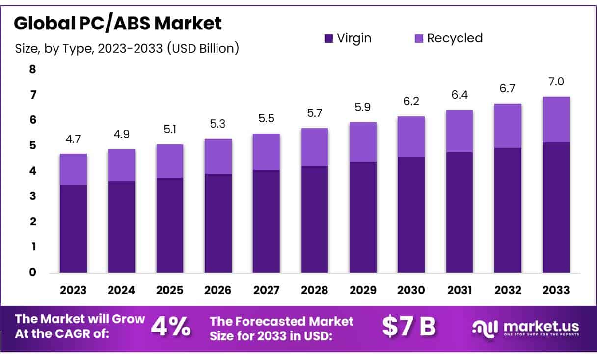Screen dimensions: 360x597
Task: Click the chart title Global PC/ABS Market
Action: pos(118,23)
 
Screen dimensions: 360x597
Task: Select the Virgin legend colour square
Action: pos(328,38)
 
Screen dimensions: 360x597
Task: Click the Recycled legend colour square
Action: pos(418,38)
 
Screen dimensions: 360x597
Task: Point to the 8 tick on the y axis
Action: pos(33,69)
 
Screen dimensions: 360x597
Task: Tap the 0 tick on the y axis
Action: pos(33,272)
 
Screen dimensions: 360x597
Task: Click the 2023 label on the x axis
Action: pos(73,290)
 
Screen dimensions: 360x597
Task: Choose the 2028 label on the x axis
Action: pos(315,290)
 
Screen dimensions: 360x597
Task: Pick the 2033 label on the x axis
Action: pos(556,290)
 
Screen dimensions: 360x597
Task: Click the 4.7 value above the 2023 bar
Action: pos(73,138)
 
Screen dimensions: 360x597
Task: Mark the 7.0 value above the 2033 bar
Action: pos(556,82)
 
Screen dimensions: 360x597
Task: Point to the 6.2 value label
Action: pos(411,102)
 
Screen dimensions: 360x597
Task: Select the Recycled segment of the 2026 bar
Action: pos(218,156)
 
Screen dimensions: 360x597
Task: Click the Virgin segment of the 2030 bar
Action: pos(411,215)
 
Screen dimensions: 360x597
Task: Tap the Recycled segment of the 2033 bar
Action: pos(556,119)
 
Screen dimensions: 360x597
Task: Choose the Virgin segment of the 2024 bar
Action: pos(122,226)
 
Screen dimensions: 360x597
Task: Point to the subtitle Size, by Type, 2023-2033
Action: pos(127,48)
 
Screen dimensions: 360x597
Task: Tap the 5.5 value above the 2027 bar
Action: pos(267,118)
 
